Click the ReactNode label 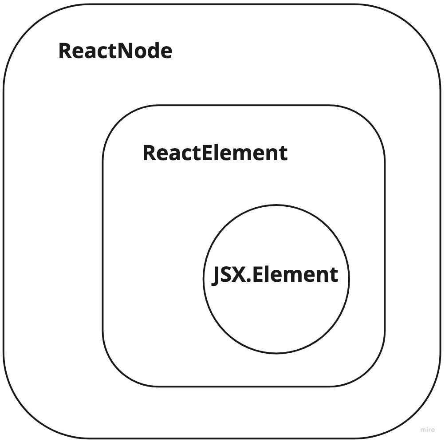point(115,51)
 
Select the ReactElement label point(215,153)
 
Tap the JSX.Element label point(275,275)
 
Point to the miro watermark point(427,430)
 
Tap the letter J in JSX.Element point(216,276)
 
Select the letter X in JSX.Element point(238,275)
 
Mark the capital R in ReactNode point(64,51)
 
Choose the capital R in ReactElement point(149,153)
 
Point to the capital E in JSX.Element point(257,275)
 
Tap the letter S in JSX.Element point(226,275)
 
